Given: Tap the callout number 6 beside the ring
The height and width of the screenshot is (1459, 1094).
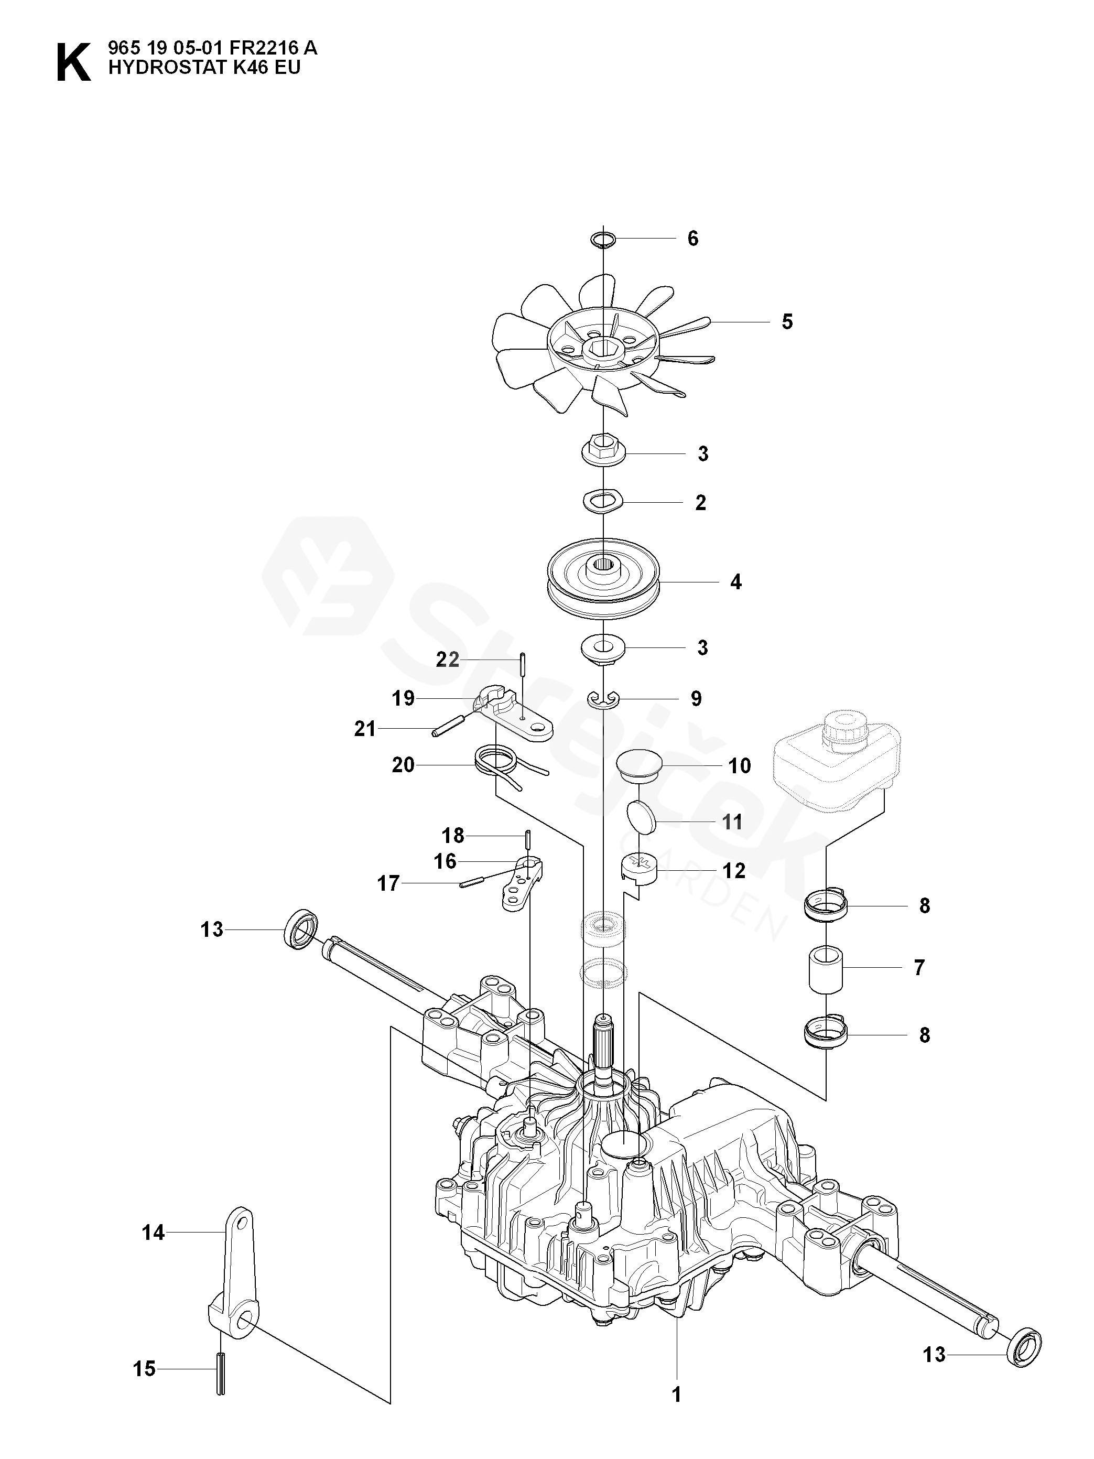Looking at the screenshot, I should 692,239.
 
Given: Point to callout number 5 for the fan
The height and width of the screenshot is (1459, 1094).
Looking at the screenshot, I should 787,322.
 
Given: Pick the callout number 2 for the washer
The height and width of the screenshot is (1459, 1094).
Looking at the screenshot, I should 700,503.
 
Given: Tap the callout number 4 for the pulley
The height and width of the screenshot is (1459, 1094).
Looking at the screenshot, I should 735,582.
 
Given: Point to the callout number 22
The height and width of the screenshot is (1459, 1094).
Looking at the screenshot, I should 448,660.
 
